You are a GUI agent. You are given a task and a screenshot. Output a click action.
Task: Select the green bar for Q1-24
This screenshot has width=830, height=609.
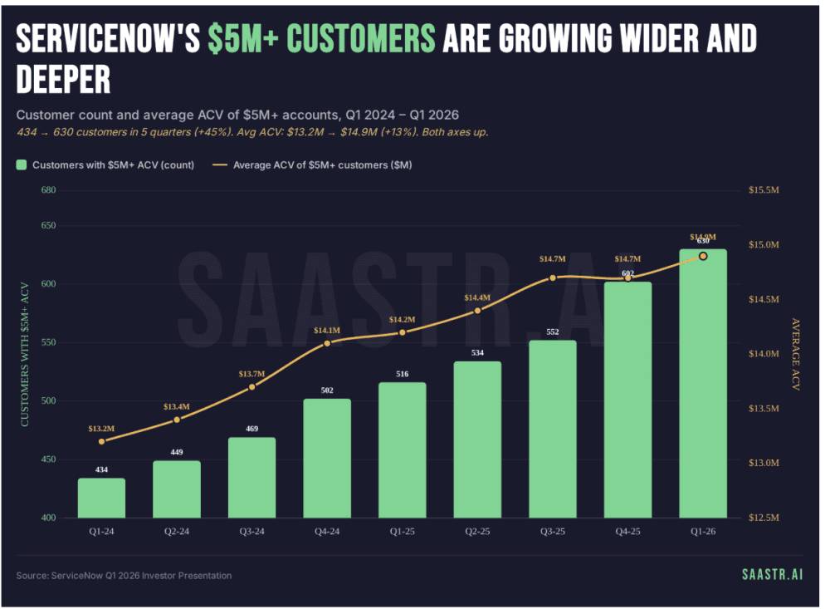(x=101, y=498)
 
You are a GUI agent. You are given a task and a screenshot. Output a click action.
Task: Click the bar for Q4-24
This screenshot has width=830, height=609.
(x=327, y=459)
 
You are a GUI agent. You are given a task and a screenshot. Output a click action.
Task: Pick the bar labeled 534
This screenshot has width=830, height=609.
(x=477, y=440)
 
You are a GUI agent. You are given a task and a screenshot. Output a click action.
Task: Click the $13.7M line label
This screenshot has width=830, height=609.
(x=252, y=374)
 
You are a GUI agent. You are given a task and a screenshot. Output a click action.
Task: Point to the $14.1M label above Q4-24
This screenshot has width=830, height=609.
(x=327, y=331)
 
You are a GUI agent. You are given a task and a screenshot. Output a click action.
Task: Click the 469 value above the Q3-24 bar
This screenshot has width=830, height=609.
(x=251, y=430)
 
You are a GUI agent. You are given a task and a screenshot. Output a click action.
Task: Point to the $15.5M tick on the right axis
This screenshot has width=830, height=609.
(x=764, y=190)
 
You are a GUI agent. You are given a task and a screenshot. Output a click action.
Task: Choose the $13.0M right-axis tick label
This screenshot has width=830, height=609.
(x=764, y=463)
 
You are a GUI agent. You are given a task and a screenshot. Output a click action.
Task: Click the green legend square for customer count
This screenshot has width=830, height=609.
(x=22, y=165)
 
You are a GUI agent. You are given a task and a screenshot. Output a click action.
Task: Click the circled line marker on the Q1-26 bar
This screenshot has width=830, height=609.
(x=703, y=256)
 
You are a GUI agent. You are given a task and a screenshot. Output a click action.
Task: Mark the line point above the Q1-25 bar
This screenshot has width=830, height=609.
(x=403, y=332)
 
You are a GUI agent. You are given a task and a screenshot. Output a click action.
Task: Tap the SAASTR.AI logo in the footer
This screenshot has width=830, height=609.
(x=772, y=574)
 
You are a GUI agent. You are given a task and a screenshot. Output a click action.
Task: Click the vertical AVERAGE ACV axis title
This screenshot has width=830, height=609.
(x=795, y=354)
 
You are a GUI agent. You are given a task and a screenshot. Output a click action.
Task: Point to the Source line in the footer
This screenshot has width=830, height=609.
(x=124, y=575)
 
